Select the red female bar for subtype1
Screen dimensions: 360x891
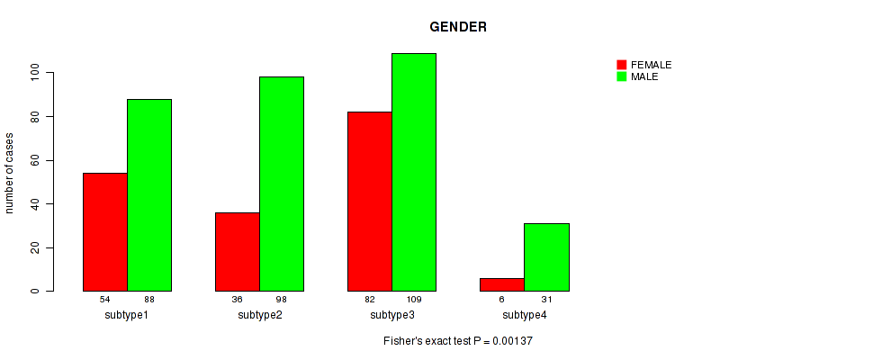point(105,232)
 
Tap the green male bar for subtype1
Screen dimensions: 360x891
point(149,195)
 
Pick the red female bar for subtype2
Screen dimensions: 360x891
point(238,252)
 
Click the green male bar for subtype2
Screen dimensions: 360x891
point(282,184)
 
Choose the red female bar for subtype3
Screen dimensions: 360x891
point(370,202)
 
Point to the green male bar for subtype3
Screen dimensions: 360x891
point(414,172)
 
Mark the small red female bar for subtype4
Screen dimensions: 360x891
point(502,284)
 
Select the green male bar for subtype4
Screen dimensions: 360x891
point(546,257)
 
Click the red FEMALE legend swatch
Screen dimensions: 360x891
point(621,65)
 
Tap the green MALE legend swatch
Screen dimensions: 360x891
point(621,76)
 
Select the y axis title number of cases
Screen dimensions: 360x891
point(10,173)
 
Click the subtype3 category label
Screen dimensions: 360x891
point(392,315)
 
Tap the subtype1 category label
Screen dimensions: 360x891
point(127,315)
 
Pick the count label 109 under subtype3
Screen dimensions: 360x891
point(414,299)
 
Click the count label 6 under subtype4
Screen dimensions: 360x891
point(502,299)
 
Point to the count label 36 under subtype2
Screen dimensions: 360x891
point(238,299)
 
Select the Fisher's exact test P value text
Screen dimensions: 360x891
point(458,342)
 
